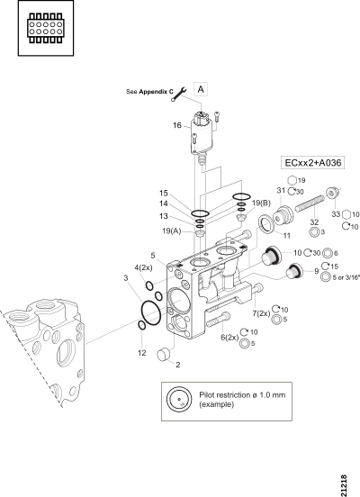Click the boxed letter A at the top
(201, 90)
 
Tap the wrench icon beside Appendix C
(179, 95)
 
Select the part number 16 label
(177, 125)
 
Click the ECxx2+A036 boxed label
(313, 163)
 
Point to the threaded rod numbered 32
(310, 203)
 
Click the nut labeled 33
(332, 193)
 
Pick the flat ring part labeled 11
(265, 224)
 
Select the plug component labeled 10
(271, 255)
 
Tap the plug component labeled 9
(294, 272)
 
